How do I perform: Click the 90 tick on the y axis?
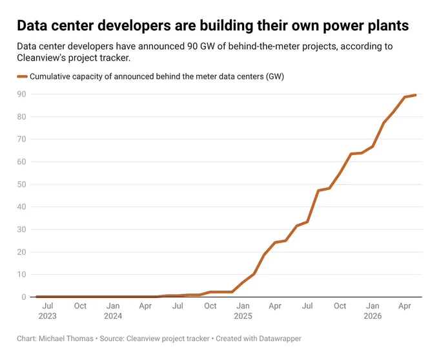(x=21, y=94)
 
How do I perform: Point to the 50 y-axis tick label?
(x=21, y=184)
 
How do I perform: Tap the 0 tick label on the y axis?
(x=24, y=297)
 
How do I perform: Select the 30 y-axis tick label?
(x=21, y=229)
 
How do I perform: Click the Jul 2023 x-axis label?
(x=48, y=311)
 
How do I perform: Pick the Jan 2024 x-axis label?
(x=113, y=311)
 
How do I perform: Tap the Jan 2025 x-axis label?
(x=243, y=311)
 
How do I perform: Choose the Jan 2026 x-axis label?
(x=373, y=311)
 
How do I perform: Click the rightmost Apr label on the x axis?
(x=405, y=306)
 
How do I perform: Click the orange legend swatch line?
(x=22, y=76)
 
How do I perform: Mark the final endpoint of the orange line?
(x=415, y=95)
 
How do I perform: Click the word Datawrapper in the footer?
(x=280, y=339)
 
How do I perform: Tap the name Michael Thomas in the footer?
(x=66, y=339)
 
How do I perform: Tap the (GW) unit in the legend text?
(x=275, y=76)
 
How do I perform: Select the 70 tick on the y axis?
(x=21, y=140)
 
